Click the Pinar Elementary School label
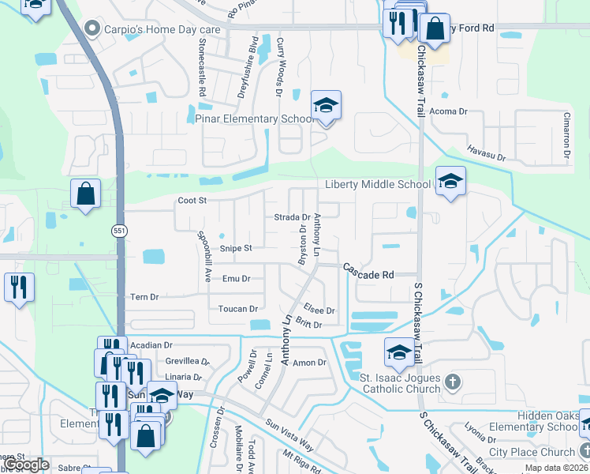tap(254, 118)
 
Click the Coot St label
tap(192, 201)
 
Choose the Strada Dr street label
tap(291, 217)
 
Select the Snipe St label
tap(235, 248)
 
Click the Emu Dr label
tap(236, 279)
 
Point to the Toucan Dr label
tap(238, 309)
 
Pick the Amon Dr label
tap(309, 363)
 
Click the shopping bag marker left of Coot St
tap(85, 194)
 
